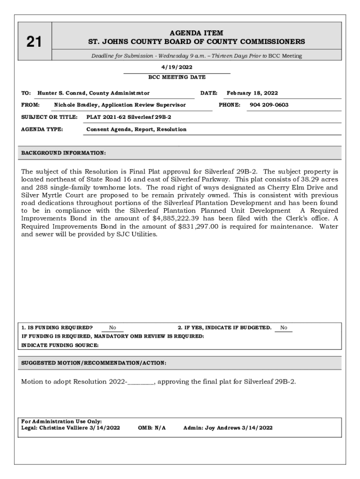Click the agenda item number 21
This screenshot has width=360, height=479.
34,42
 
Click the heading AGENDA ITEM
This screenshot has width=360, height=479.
196,33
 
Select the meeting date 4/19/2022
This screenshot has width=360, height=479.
177,67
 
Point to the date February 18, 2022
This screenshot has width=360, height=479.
252,93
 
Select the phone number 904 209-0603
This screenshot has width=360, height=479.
269,105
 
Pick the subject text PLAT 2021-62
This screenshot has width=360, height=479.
103,117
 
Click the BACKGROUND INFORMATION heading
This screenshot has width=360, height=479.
64,153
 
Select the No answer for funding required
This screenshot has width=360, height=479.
112,328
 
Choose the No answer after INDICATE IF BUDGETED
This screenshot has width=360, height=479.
284,328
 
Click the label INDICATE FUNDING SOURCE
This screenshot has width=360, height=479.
60,345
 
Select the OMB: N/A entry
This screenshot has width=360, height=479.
152,428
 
